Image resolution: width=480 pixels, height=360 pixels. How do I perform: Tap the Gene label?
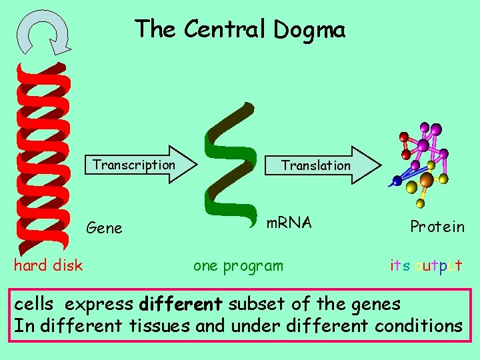105,228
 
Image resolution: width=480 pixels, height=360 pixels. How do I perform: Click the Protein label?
437,227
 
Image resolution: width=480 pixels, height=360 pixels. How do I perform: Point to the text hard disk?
48,265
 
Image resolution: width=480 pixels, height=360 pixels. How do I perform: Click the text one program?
238,265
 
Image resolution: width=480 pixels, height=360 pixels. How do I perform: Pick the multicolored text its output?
426,265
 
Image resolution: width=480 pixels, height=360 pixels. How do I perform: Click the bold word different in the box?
181,305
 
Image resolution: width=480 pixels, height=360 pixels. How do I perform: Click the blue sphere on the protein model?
397,181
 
